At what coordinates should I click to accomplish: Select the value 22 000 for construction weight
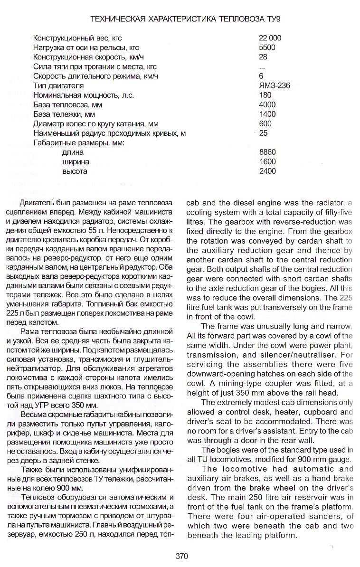coord(270,38)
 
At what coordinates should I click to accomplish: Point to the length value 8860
coord(267,152)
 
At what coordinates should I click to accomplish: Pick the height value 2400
coord(267,171)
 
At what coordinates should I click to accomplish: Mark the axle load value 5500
coord(267,47)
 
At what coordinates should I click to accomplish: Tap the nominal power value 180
coord(265,95)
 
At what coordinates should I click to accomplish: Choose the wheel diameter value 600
coord(265,124)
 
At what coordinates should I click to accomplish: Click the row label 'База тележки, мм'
coord(64,114)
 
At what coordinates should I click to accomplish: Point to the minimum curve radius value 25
coord(264,133)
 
